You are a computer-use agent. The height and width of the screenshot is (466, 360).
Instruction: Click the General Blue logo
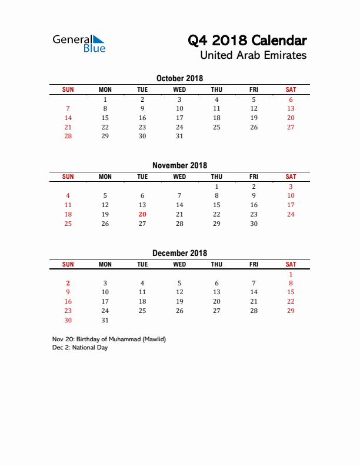point(79,43)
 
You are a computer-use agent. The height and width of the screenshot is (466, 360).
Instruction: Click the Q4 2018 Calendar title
point(247,41)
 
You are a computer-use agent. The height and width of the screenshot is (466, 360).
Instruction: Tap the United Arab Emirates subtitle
point(253,56)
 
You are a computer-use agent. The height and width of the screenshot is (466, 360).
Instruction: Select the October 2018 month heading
point(179,78)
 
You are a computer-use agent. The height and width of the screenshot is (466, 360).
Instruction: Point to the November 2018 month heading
point(179,165)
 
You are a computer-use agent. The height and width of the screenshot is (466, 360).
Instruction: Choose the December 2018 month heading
point(179,253)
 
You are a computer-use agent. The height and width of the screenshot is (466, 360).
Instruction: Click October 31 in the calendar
point(179,136)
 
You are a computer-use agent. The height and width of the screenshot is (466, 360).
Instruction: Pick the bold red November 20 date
point(142,214)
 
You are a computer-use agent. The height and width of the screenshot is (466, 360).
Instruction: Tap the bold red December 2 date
point(68,283)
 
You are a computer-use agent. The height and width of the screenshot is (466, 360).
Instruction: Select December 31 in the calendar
point(105,320)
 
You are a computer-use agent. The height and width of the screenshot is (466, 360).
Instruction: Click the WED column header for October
point(179,89)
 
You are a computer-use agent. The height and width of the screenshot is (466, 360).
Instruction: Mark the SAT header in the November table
point(291,177)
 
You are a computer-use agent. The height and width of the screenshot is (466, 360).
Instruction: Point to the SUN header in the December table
point(68,264)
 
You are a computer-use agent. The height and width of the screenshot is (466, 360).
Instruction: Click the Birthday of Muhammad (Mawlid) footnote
point(109,339)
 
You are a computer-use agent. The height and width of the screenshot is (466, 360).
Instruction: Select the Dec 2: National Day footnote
point(80,348)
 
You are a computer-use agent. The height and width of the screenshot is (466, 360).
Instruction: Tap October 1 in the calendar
point(105,99)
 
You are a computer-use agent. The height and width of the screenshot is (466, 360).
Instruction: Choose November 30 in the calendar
point(254,224)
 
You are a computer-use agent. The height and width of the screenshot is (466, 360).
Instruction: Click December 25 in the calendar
point(142,311)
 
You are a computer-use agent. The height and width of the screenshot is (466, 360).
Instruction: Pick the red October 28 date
point(68,136)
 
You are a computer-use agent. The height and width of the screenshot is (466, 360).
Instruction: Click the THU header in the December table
point(216,264)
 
